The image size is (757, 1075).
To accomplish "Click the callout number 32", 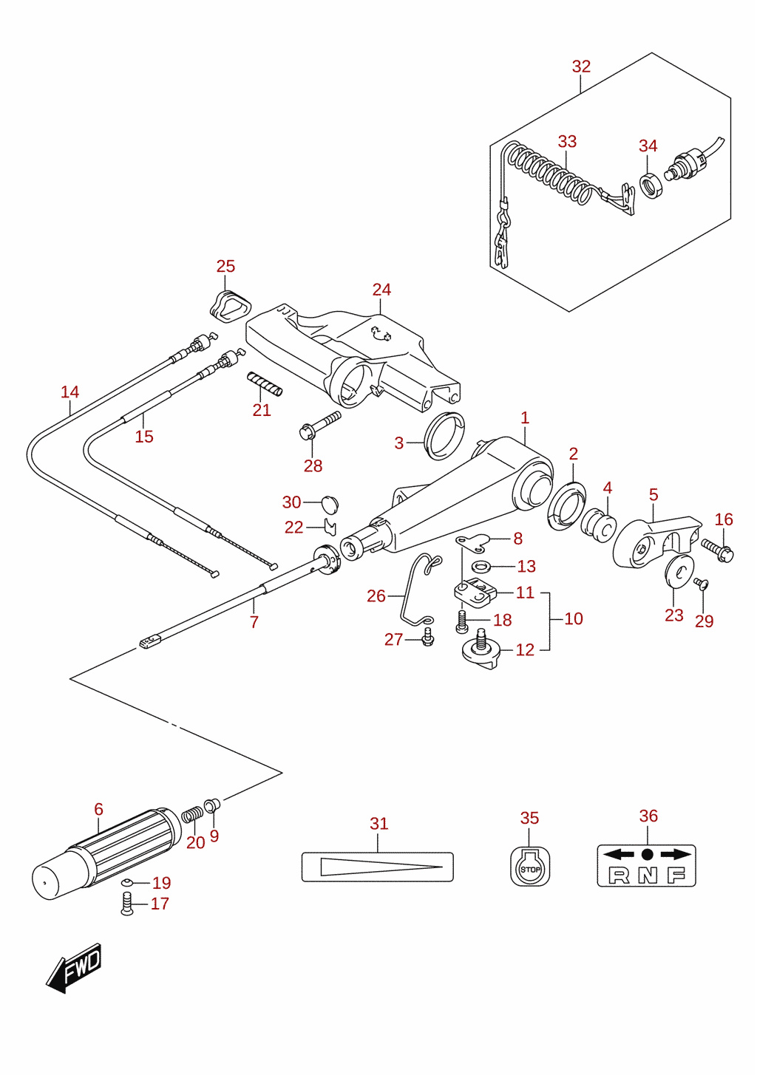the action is pyautogui.click(x=581, y=66).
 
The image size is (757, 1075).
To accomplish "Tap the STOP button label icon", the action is pyautogui.click(x=530, y=866).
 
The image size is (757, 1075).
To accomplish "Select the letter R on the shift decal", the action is pyautogui.click(x=619, y=876).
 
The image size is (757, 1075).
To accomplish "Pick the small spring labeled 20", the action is pyautogui.click(x=192, y=815).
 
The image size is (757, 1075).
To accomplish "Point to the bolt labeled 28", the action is pyautogui.click(x=319, y=424).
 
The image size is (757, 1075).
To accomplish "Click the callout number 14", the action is pyautogui.click(x=69, y=392).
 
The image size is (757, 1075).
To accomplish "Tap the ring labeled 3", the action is pyautogui.click(x=445, y=435).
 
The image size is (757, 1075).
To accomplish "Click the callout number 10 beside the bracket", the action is pyautogui.click(x=574, y=618).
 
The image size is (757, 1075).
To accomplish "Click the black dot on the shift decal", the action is pyautogui.click(x=647, y=854).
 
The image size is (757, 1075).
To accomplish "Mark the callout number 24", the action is pyautogui.click(x=381, y=290).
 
